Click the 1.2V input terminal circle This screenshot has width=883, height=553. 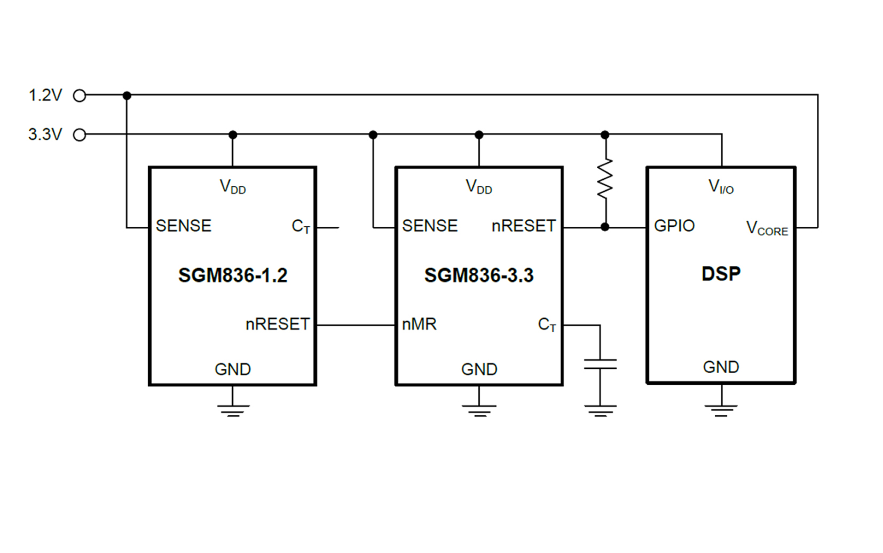click(80, 96)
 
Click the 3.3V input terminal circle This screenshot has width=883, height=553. click(80, 135)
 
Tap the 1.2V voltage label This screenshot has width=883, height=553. click(45, 96)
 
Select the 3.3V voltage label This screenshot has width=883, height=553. click(45, 135)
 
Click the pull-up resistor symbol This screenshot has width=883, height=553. click(604, 179)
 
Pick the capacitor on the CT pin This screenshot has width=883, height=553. click(600, 365)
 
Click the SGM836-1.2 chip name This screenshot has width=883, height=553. click(233, 275)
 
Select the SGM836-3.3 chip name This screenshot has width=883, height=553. click(479, 275)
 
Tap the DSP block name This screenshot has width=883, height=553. click(721, 274)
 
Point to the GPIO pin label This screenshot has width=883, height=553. click(674, 226)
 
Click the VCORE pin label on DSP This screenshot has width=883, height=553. click(767, 228)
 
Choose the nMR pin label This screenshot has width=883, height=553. click(419, 324)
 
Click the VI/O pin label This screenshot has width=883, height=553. click(721, 187)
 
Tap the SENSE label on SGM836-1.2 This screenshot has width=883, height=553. click(184, 226)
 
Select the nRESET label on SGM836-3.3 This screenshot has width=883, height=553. click(523, 226)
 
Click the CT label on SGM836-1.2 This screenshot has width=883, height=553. click(301, 227)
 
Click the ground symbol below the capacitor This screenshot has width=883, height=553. click(600, 410)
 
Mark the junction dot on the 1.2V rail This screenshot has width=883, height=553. click(127, 96)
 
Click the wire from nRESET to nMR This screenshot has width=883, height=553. click(356, 325)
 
